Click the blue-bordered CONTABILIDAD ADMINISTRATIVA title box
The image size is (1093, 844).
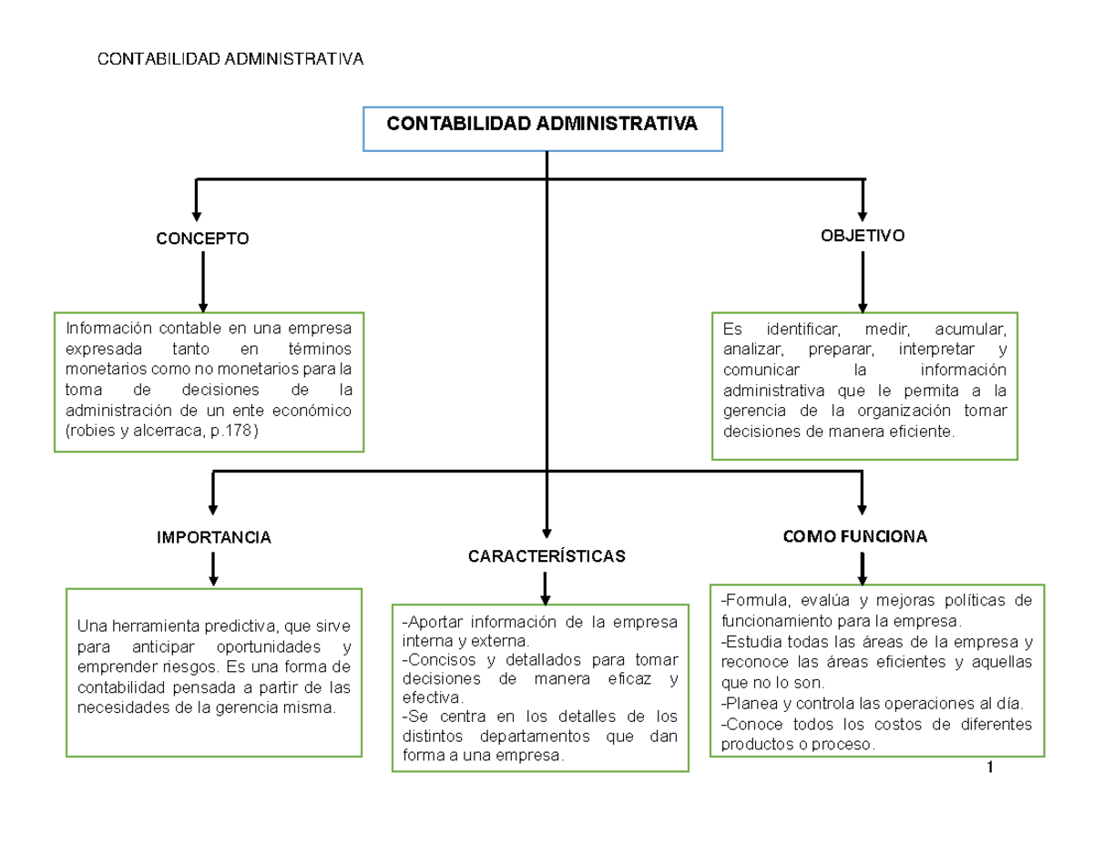point(543,127)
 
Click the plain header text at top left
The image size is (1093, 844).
point(230,60)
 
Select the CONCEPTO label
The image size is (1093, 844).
point(202,239)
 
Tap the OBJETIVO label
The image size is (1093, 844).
point(863,236)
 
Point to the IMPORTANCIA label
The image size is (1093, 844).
point(214,538)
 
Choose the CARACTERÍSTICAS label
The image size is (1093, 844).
point(546,555)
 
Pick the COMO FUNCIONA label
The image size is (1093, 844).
point(855,536)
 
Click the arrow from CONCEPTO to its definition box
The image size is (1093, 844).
point(202,282)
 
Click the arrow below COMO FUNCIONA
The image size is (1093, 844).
point(863,568)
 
